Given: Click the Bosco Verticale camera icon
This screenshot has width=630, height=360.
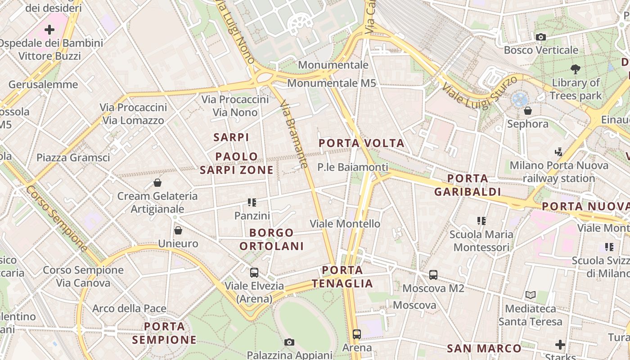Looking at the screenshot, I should click(540, 37).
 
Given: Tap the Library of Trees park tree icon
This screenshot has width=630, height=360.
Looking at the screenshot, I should click(575, 69).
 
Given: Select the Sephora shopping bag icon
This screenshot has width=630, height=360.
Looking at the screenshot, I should click(527, 110).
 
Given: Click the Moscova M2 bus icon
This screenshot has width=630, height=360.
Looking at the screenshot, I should click(433, 274).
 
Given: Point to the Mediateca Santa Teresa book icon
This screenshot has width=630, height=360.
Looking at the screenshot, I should click(531, 295).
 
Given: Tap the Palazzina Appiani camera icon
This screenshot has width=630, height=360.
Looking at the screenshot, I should click(289, 342).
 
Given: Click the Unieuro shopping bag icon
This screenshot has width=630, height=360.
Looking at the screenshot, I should click(178, 230).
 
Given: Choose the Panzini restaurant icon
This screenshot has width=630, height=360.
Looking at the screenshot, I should click(252, 202).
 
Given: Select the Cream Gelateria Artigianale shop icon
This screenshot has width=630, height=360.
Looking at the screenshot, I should click(157, 183).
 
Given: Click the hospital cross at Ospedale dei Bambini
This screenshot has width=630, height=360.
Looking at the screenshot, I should click(49, 30).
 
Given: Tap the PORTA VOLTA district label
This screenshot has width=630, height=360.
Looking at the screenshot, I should click(362, 144).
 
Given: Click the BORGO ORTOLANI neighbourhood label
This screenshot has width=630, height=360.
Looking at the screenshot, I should click(271, 239).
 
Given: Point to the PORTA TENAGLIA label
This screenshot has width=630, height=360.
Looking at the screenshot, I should click(342, 277).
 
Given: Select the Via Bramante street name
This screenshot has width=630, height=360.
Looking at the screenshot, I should click(294, 135).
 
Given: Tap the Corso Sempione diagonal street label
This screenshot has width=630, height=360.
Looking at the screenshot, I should click(56, 218).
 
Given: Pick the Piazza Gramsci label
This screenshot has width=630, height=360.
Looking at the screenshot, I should click(73, 157).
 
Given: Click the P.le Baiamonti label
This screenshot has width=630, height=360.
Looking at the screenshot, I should click(352, 167).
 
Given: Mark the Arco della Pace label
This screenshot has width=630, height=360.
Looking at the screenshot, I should click(129, 309).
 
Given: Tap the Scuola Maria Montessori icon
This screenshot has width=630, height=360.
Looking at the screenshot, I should click(481, 221).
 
